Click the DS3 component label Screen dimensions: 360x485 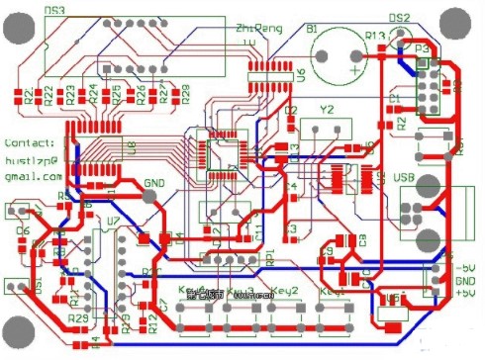(x=55, y=10)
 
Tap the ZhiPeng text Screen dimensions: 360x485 (x=254, y=32)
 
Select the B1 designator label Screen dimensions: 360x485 (x=312, y=29)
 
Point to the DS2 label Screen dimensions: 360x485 (x=400, y=18)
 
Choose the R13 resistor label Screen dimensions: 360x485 (x=375, y=36)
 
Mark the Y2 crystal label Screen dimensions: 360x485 (x=327, y=109)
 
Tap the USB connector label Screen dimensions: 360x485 (x=404, y=178)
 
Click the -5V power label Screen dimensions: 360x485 (x=463, y=267)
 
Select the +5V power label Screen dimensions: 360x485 (x=463, y=293)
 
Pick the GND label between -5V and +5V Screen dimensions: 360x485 (x=464, y=280)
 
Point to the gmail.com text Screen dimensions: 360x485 (x=32, y=175)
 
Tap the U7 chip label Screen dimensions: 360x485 (x=113, y=220)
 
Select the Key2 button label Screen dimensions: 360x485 (x=285, y=290)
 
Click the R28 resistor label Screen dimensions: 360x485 (x=184, y=96)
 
